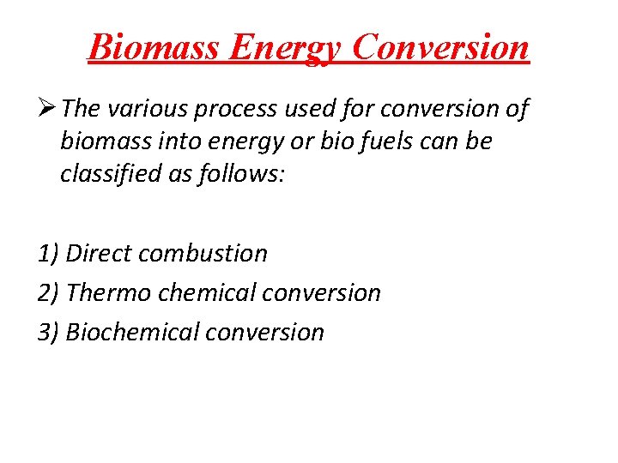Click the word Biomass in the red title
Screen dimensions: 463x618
152,47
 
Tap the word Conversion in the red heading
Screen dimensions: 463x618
440,47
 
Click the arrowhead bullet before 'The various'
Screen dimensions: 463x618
46,110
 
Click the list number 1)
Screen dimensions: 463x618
49,254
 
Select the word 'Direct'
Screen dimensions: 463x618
99,254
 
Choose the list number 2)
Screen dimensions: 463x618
49,293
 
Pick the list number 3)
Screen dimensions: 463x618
49,333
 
